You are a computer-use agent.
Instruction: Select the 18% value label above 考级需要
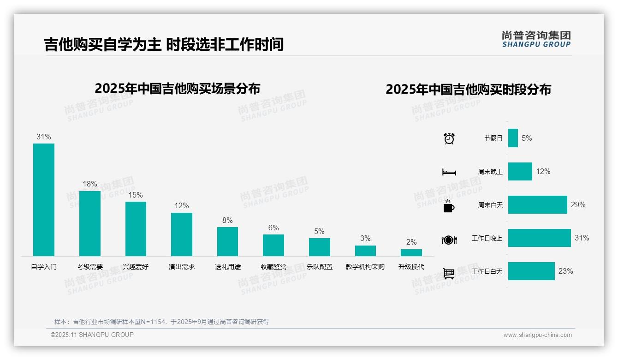pyautogui.click(x=90, y=184)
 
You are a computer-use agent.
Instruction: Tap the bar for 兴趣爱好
pyautogui.click(x=136, y=229)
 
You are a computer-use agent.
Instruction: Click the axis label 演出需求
pyautogui.click(x=181, y=267)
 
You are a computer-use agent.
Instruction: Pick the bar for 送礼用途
pyautogui.click(x=227, y=241)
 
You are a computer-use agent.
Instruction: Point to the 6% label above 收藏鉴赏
pyautogui.click(x=273, y=228)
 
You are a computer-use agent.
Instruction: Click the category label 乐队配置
pyautogui.click(x=319, y=267)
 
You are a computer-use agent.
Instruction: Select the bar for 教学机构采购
pyautogui.click(x=365, y=251)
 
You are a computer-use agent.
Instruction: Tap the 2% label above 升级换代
pyautogui.click(x=411, y=242)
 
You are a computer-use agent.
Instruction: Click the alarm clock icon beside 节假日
pyautogui.click(x=449, y=138)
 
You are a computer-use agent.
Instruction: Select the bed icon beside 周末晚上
pyautogui.click(x=449, y=172)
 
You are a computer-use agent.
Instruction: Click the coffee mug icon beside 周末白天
pyautogui.click(x=449, y=206)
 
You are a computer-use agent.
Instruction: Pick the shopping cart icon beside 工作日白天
pyautogui.click(x=449, y=273)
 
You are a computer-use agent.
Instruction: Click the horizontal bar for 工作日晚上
pyautogui.click(x=539, y=238)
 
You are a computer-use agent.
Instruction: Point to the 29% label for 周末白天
pyautogui.click(x=578, y=205)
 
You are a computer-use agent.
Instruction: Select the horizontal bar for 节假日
pyautogui.click(x=513, y=138)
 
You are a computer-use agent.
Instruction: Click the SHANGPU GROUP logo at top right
pyautogui.click(x=536, y=39)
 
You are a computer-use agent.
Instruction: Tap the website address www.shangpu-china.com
pyautogui.click(x=537, y=335)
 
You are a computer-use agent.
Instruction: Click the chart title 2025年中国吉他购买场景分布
pyautogui.click(x=178, y=89)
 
